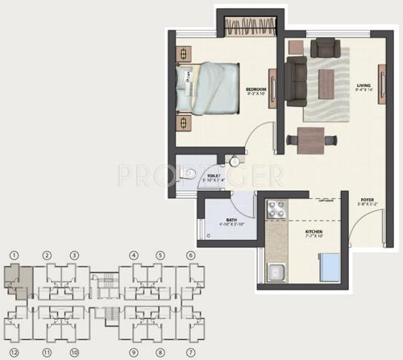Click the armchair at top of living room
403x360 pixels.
tap(326, 47)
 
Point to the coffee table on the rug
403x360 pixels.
tap(326, 82)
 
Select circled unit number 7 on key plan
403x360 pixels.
tap(191, 352)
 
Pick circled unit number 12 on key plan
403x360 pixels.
tap(14, 352)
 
